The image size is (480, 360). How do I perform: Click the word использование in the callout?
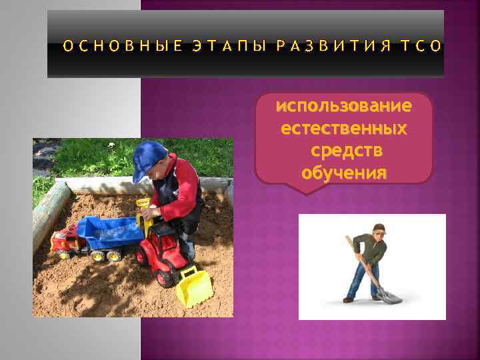(344, 106)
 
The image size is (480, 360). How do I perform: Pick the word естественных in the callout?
(344, 128)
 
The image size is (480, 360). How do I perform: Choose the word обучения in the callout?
(344, 173)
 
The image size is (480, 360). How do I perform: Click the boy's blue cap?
(148, 159)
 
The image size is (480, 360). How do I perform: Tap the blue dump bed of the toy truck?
(111, 230)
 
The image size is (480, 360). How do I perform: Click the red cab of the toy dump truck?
(64, 239)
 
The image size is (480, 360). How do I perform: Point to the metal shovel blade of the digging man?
(391, 295)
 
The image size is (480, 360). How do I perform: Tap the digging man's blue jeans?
(363, 279)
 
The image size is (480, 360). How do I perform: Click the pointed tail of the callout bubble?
(305, 189)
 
